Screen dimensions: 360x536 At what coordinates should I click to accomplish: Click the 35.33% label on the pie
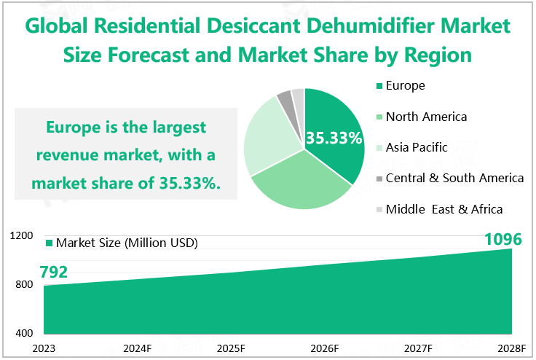pyautogui.click(x=334, y=138)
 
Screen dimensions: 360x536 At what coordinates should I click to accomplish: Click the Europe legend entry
pyautogui.click(x=405, y=86)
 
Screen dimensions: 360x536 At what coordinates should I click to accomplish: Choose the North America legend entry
pyautogui.click(x=426, y=117)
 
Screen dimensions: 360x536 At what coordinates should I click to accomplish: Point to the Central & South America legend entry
pyautogui.click(x=454, y=178)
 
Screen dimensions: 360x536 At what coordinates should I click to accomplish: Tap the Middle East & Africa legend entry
pyautogui.click(x=444, y=209)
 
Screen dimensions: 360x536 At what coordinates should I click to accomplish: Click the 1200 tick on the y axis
pyautogui.click(x=23, y=236)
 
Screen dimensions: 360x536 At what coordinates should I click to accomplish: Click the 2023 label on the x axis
pyautogui.click(x=44, y=348)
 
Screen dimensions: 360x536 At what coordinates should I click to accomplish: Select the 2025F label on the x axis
pyautogui.click(x=231, y=348)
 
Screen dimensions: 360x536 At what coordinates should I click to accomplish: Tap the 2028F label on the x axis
pyautogui.click(x=512, y=348)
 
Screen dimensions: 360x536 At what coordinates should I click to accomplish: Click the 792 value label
pyautogui.click(x=54, y=273)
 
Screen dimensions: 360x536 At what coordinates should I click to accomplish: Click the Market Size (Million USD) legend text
pyautogui.click(x=127, y=243)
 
